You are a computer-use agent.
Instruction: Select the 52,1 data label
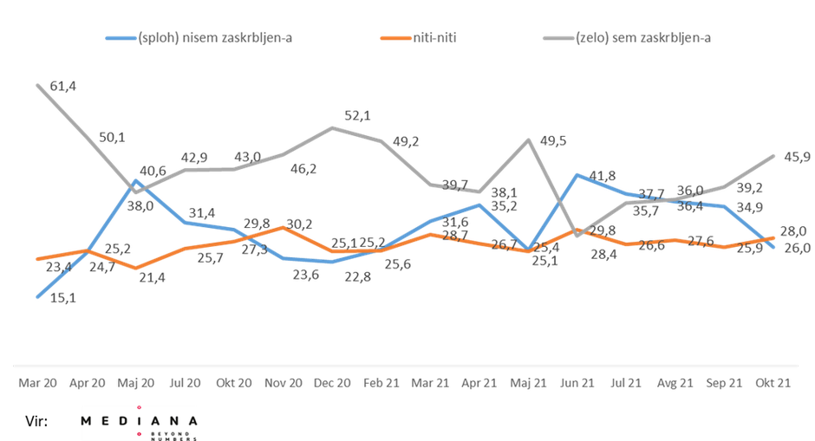click(x=356, y=115)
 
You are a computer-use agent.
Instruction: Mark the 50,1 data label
click(x=112, y=137)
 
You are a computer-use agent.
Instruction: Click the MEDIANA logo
click(x=139, y=422)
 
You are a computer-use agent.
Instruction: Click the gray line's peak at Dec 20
click(x=334, y=126)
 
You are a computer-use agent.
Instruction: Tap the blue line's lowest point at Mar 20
click(x=36, y=298)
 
